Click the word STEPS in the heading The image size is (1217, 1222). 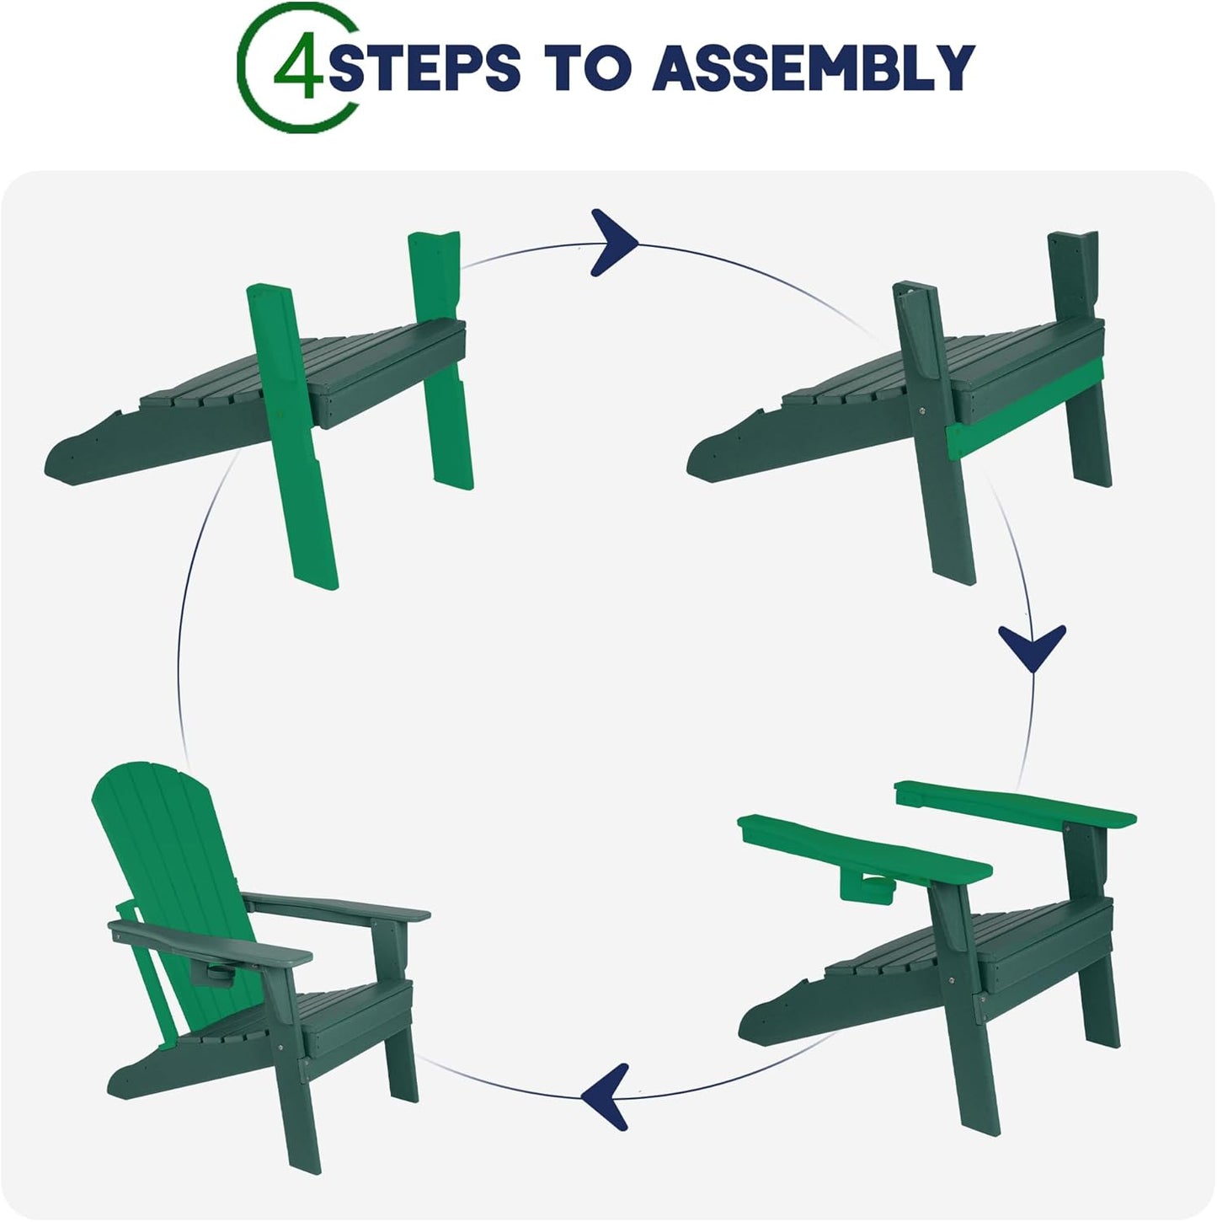point(424,67)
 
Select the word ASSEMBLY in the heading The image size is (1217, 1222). point(814,67)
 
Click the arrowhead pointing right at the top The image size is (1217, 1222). point(612,243)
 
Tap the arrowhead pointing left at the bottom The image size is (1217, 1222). point(606,1096)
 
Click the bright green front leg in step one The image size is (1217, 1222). point(292,437)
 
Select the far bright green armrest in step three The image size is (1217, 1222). point(1015,805)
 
